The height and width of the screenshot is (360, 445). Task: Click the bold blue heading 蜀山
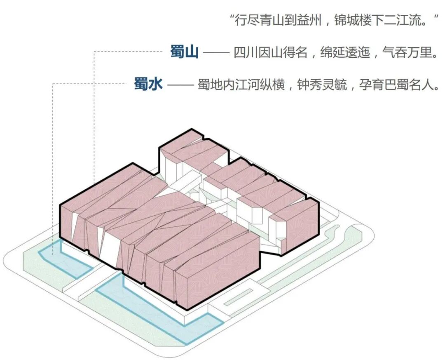pos(184,52)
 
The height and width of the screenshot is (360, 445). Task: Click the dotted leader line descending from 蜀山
pos(94,124)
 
